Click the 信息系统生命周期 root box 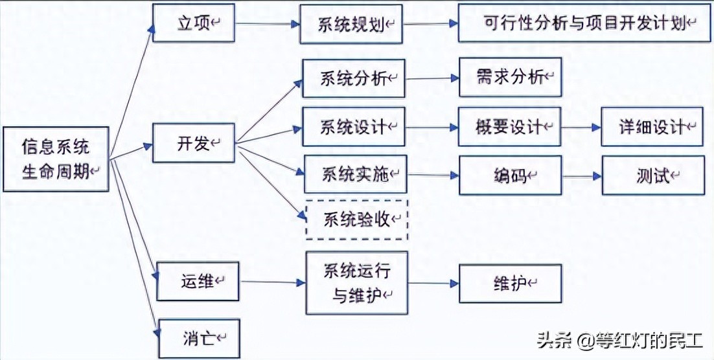56,159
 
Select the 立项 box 192,23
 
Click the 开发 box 193,143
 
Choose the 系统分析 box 354,78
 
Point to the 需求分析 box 510,78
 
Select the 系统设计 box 354,126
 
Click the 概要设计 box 509,127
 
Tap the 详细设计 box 652,127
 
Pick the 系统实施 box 355,174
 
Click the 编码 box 510,175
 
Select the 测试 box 652,175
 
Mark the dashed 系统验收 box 356,220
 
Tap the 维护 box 510,283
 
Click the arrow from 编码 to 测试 581,175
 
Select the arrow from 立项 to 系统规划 267,25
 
